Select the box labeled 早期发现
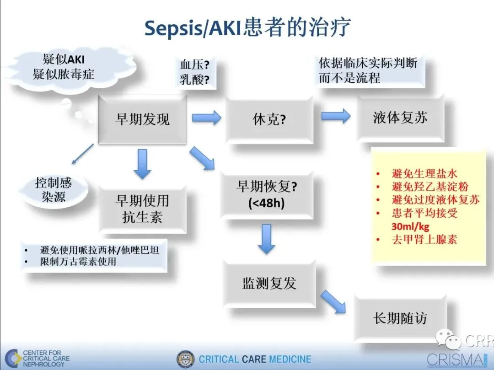[x=142, y=119]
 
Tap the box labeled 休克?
[x=269, y=119]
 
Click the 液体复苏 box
[x=400, y=118]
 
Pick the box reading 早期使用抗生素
[x=142, y=209]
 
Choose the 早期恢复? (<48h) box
[x=267, y=194]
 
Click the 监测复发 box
[x=269, y=283]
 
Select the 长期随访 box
[x=400, y=318]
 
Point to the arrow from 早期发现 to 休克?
[x=206, y=118]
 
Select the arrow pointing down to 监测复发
[x=266, y=238]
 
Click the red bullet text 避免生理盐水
[x=424, y=174]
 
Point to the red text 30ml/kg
[x=410, y=226]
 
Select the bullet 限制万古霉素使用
[x=78, y=262]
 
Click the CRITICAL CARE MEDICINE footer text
[x=255, y=359]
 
